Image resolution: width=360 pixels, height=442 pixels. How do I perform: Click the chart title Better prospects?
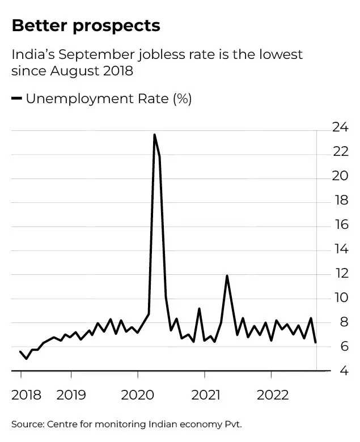tap(86, 26)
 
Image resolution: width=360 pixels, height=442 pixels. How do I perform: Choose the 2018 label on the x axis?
tap(26, 395)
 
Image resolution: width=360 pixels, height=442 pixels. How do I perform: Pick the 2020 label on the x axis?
tap(138, 395)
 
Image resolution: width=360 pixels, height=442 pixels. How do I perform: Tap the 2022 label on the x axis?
tap(273, 395)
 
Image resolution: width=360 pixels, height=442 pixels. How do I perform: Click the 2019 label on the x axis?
tap(71, 395)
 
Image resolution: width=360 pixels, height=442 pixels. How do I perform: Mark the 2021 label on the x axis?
tap(205, 395)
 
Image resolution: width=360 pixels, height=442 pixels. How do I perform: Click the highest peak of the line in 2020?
tap(154, 135)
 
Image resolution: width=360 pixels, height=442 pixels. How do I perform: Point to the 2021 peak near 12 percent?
tap(227, 276)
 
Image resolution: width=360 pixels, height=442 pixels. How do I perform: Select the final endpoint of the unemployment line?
tap(316, 342)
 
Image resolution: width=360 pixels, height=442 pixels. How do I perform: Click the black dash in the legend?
tap(16, 99)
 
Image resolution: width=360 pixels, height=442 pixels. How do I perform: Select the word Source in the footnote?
tap(27, 424)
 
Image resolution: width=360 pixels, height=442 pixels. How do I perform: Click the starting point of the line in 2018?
tap(20, 352)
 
